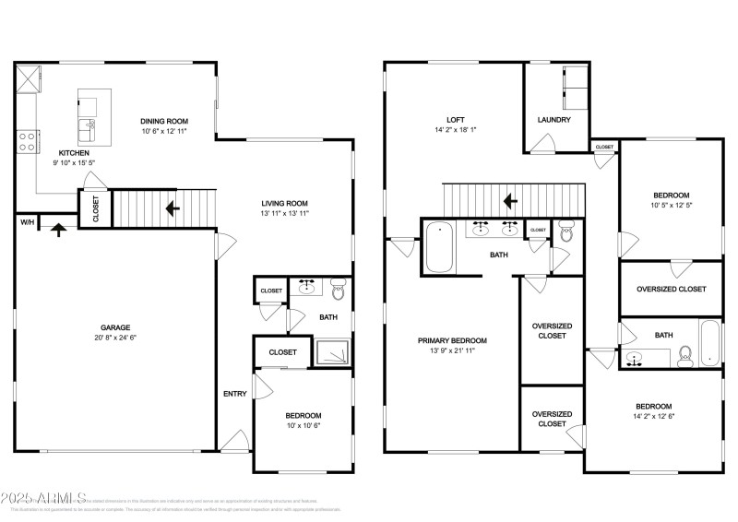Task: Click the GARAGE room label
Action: tap(115, 327)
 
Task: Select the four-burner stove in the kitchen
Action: tap(27, 141)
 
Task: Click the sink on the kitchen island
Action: tap(89, 125)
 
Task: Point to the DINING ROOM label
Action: tap(164, 121)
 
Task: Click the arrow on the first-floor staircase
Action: tap(172, 208)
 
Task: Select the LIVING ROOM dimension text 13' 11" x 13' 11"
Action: tap(283, 213)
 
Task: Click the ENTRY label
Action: tap(234, 394)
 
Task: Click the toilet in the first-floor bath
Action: tap(338, 292)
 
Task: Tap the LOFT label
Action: tap(455, 120)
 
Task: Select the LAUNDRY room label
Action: tap(553, 120)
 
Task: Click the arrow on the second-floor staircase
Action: tap(508, 200)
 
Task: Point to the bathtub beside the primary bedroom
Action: tap(439, 248)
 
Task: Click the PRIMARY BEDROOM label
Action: tap(452, 340)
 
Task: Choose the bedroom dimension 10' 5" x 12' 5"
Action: tap(672, 205)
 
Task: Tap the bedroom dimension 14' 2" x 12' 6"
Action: tap(652, 416)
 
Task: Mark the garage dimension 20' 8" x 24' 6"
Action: tap(115, 338)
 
